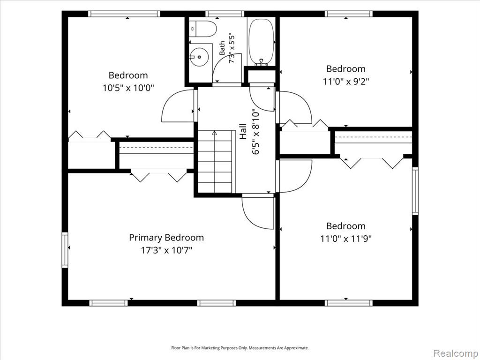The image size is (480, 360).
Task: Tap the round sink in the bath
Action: pyautogui.click(x=199, y=57)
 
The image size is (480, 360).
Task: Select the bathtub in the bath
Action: pyautogui.click(x=261, y=42)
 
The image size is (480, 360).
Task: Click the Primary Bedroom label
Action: pyautogui.click(x=166, y=238)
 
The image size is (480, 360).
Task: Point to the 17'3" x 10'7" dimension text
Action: pyautogui.click(x=166, y=250)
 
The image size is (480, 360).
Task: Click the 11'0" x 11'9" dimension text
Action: pyautogui.click(x=346, y=239)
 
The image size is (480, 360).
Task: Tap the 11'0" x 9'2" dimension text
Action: pyautogui.click(x=346, y=82)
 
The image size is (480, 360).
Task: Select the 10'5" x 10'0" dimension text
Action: pyautogui.click(x=128, y=88)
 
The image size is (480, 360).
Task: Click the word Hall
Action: pyautogui.click(x=243, y=131)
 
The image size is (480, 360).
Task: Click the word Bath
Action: pyautogui.click(x=222, y=48)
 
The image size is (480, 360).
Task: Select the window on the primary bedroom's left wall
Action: pyautogui.click(x=65, y=250)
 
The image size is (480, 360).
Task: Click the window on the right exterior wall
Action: pyautogui.click(x=415, y=191)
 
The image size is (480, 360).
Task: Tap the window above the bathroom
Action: pyautogui.click(x=225, y=14)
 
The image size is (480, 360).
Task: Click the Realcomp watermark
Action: pyautogui.click(x=455, y=353)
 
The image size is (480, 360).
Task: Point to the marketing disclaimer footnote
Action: pyautogui.click(x=240, y=348)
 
